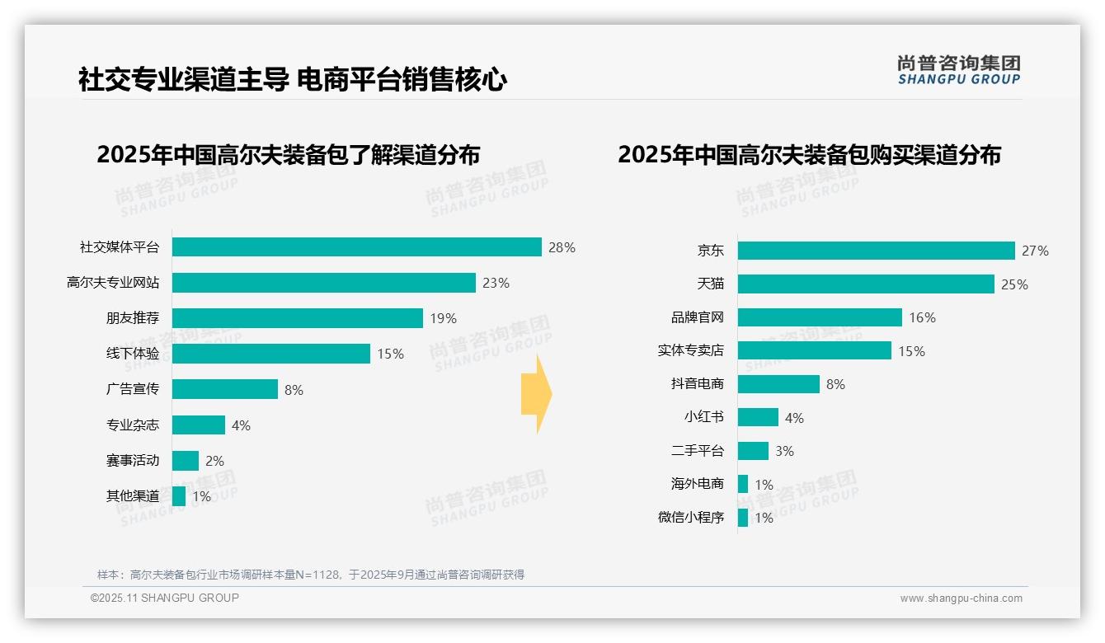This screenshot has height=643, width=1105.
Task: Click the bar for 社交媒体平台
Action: tap(356, 247)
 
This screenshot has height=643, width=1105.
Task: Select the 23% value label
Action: tap(496, 283)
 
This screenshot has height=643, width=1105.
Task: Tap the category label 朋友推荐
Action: tap(132, 318)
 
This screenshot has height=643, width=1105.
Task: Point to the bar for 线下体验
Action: tap(270, 354)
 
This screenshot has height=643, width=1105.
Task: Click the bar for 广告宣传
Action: tap(224, 389)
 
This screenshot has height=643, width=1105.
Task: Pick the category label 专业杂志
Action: tap(132, 425)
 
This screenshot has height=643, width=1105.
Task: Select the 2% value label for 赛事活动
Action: tap(214, 461)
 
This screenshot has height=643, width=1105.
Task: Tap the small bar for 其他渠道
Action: tap(179, 496)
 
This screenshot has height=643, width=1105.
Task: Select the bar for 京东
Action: tap(876, 251)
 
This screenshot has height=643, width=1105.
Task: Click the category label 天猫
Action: tap(710, 284)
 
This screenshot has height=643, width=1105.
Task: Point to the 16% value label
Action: tap(922, 317)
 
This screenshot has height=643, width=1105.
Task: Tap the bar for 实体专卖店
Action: tap(814, 350)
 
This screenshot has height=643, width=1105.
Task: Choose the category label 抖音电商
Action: tap(697, 384)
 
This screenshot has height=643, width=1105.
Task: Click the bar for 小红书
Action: tap(758, 417)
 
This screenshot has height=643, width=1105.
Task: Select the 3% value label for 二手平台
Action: tap(784, 451)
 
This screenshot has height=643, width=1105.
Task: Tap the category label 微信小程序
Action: tap(690, 518)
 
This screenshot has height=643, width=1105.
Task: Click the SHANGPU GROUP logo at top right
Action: tap(958, 70)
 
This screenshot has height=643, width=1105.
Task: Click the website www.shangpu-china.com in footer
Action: tap(961, 598)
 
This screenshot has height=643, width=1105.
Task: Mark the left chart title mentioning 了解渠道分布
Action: tap(288, 155)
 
